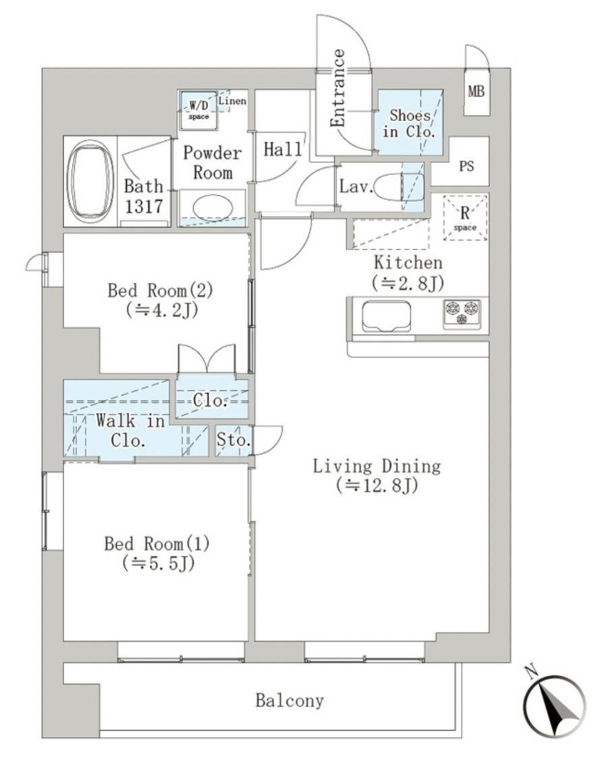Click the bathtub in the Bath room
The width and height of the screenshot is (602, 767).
click(x=90, y=181)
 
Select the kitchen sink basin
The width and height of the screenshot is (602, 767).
click(x=386, y=316)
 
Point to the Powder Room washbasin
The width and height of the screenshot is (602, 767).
click(x=213, y=209)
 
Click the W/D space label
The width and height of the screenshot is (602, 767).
click(x=198, y=110)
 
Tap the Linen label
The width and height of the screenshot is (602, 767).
click(x=232, y=101)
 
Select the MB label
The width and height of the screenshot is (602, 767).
click(x=476, y=91)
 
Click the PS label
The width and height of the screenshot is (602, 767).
click(x=466, y=166)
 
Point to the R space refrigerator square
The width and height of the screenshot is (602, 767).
click(x=465, y=217)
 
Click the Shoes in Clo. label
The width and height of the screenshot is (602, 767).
click(x=410, y=124)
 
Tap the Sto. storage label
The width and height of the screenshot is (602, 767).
click(x=234, y=440)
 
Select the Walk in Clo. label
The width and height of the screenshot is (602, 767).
click(x=130, y=431)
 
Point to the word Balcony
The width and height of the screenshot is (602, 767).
click(x=290, y=700)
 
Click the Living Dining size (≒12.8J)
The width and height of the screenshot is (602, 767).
click(x=377, y=485)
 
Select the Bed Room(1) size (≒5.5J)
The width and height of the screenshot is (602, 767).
click(x=159, y=564)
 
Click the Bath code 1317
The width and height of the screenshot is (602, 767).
click(x=143, y=207)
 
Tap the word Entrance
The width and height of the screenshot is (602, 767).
click(x=337, y=88)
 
